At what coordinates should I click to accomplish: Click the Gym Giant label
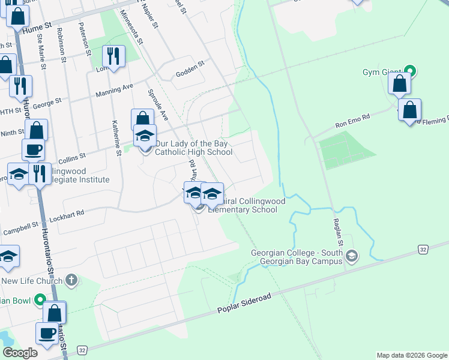(381, 73)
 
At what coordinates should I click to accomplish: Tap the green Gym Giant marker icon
(411, 71)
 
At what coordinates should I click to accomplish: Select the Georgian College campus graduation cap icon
(352, 256)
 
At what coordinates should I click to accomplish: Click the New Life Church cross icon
(71, 280)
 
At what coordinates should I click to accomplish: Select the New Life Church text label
(32, 281)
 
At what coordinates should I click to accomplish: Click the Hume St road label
(37, 28)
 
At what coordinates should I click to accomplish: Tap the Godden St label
(190, 70)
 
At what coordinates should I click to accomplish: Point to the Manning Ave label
(115, 91)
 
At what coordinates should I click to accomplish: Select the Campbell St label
(20, 229)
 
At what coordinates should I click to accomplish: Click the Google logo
(20, 353)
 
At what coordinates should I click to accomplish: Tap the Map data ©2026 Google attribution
(411, 355)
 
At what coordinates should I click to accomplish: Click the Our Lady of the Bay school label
(193, 148)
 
